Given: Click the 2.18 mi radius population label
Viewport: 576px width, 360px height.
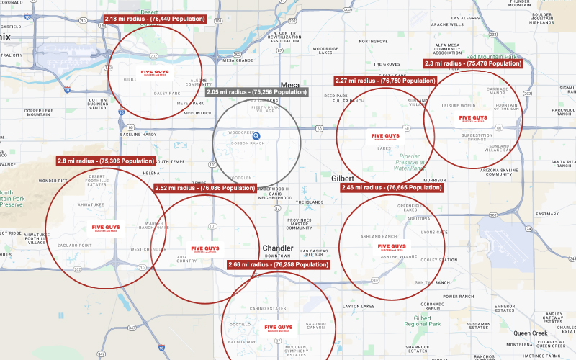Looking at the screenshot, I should tap(154, 19).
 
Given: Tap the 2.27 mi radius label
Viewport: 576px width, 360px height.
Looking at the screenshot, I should tap(385, 81).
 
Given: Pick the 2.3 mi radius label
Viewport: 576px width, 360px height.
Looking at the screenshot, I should tap(473, 63).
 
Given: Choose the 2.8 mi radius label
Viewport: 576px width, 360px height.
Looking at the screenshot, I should tap(106, 161).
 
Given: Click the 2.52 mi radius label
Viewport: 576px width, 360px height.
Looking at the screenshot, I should tap(205, 188).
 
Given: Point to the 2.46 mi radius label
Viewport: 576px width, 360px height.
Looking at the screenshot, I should tap(391, 187).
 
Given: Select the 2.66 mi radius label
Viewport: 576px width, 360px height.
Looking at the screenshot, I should tap(278, 265).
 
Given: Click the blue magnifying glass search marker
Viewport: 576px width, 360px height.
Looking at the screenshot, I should tap(256, 135).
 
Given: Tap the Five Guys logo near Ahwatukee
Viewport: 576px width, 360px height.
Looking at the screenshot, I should tap(107, 228).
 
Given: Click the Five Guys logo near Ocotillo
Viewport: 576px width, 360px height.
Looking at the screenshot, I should tap(279, 328).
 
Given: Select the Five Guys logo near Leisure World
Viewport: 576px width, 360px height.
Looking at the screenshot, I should tap(473, 117).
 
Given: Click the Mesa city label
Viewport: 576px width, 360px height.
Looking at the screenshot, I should tap(289, 85).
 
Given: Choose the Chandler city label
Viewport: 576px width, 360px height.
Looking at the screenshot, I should tap(277, 248).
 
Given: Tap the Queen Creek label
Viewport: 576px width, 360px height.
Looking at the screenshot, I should tap(530, 333).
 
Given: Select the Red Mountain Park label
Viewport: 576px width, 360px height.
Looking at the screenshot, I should tap(492, 56).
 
